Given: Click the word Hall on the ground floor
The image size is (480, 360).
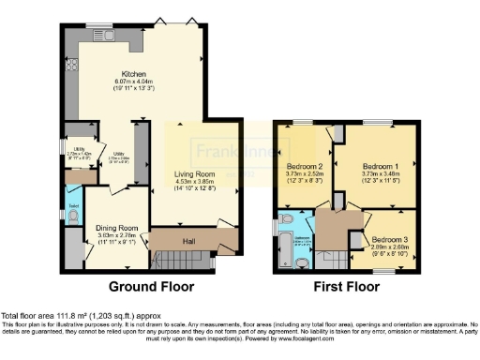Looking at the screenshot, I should (188, 242).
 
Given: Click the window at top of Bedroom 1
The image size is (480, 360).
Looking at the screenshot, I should (379, 123).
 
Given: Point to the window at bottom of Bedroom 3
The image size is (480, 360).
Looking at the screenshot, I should (385, 272).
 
